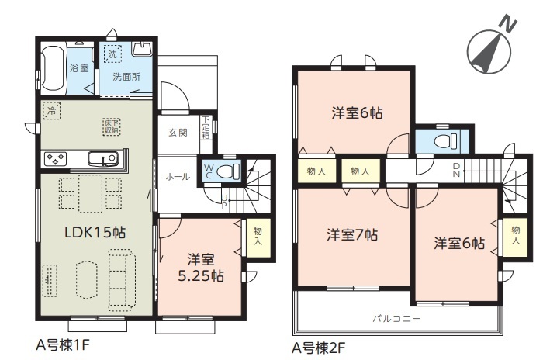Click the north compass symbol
click(489, 51)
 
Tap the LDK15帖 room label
click(95, 232)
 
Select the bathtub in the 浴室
click(53, 68)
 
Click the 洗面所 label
click(126, 77)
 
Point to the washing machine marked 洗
click(112, 54)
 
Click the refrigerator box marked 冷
click(51, 110)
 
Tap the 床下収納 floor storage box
click(112, 126)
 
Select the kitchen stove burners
click(56, 159)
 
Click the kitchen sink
click(103, 159)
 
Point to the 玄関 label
click(178, 133)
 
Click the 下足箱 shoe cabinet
click(206, 127)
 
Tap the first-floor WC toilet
click(229, 171)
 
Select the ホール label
click(178, 177)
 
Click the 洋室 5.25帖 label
click(200, 268)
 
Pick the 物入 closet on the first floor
click(258, 237)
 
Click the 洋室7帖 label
click(352, 235)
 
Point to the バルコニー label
click(397, 318)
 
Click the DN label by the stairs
click(456, 171)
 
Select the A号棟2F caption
click(318, 348)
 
